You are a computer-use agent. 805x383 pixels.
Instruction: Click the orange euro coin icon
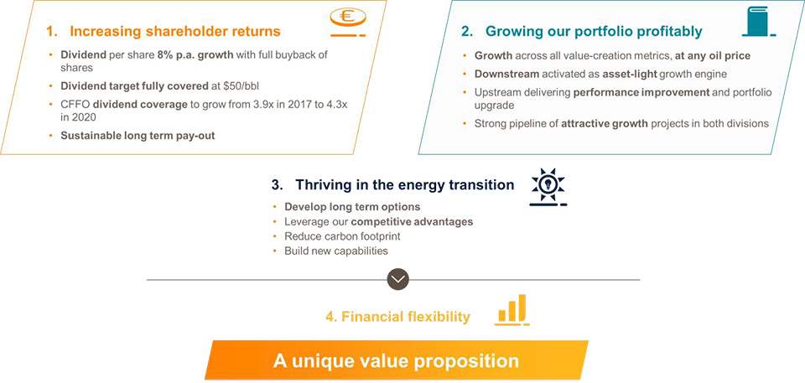[347, 23]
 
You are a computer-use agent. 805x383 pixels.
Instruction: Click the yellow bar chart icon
[513, 309]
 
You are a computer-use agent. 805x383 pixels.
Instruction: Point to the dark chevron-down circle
[397, 279]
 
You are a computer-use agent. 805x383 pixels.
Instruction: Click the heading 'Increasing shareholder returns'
[175, 31]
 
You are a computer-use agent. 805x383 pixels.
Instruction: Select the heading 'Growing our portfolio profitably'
[594, 31]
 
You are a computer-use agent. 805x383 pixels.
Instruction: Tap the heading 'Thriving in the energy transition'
[404, 184]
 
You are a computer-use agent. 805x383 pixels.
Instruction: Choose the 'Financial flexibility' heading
[397, 317]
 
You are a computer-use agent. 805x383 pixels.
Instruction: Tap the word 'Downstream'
[506, 74]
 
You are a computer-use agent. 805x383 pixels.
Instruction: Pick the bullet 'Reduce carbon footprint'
[335, 236]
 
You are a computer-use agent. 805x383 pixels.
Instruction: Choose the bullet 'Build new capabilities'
[336, 251]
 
